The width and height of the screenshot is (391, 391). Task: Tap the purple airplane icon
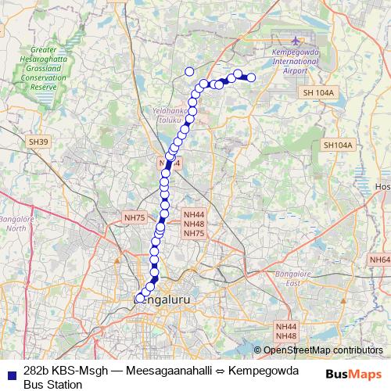(x=296, y=41)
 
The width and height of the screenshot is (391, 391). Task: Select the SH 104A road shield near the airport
(x=317, y=93)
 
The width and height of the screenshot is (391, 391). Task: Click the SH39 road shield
(x=38, y=142)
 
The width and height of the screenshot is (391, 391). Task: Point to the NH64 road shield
(x=379, y=260)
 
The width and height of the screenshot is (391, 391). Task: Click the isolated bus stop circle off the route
(x=188, y=72)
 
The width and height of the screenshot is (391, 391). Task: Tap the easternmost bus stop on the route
(x=251, y=77)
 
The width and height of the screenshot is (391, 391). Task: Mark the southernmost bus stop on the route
(x=140, y=298)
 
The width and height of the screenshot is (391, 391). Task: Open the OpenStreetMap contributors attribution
(x=323, y=350)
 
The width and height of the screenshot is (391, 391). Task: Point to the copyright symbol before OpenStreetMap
(x=257, y=350)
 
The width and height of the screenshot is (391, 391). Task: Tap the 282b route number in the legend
(x=36, y=371)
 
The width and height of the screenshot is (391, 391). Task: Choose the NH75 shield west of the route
(x=135, y=217)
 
